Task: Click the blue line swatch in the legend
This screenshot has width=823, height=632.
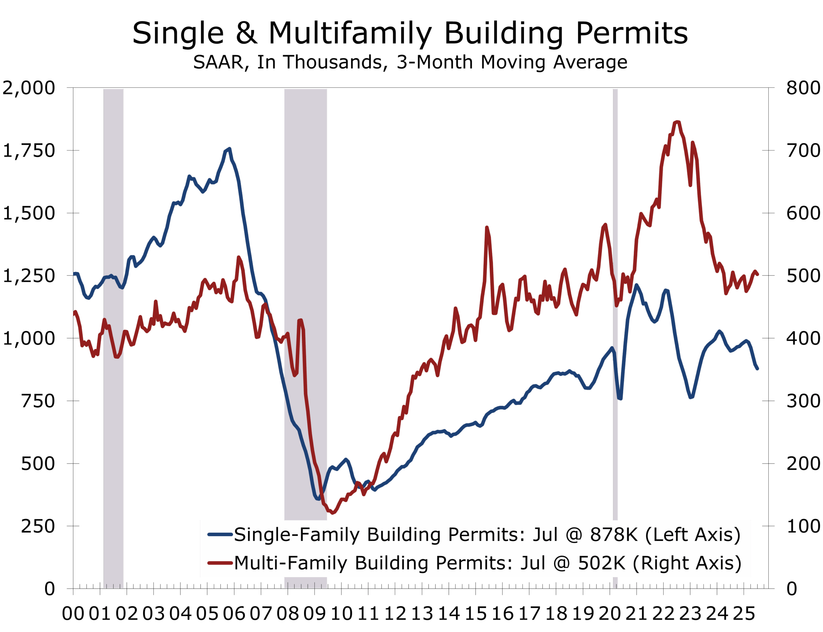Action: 220,535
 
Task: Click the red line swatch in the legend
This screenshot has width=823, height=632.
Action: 220,563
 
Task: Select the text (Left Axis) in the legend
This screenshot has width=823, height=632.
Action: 692,535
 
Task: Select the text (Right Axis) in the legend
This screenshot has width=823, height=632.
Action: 687,563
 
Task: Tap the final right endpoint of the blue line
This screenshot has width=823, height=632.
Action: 757,369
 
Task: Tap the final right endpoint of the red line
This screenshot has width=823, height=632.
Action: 757,274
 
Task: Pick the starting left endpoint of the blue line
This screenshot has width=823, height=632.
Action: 74,274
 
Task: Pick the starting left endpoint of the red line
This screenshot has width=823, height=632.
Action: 74,312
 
